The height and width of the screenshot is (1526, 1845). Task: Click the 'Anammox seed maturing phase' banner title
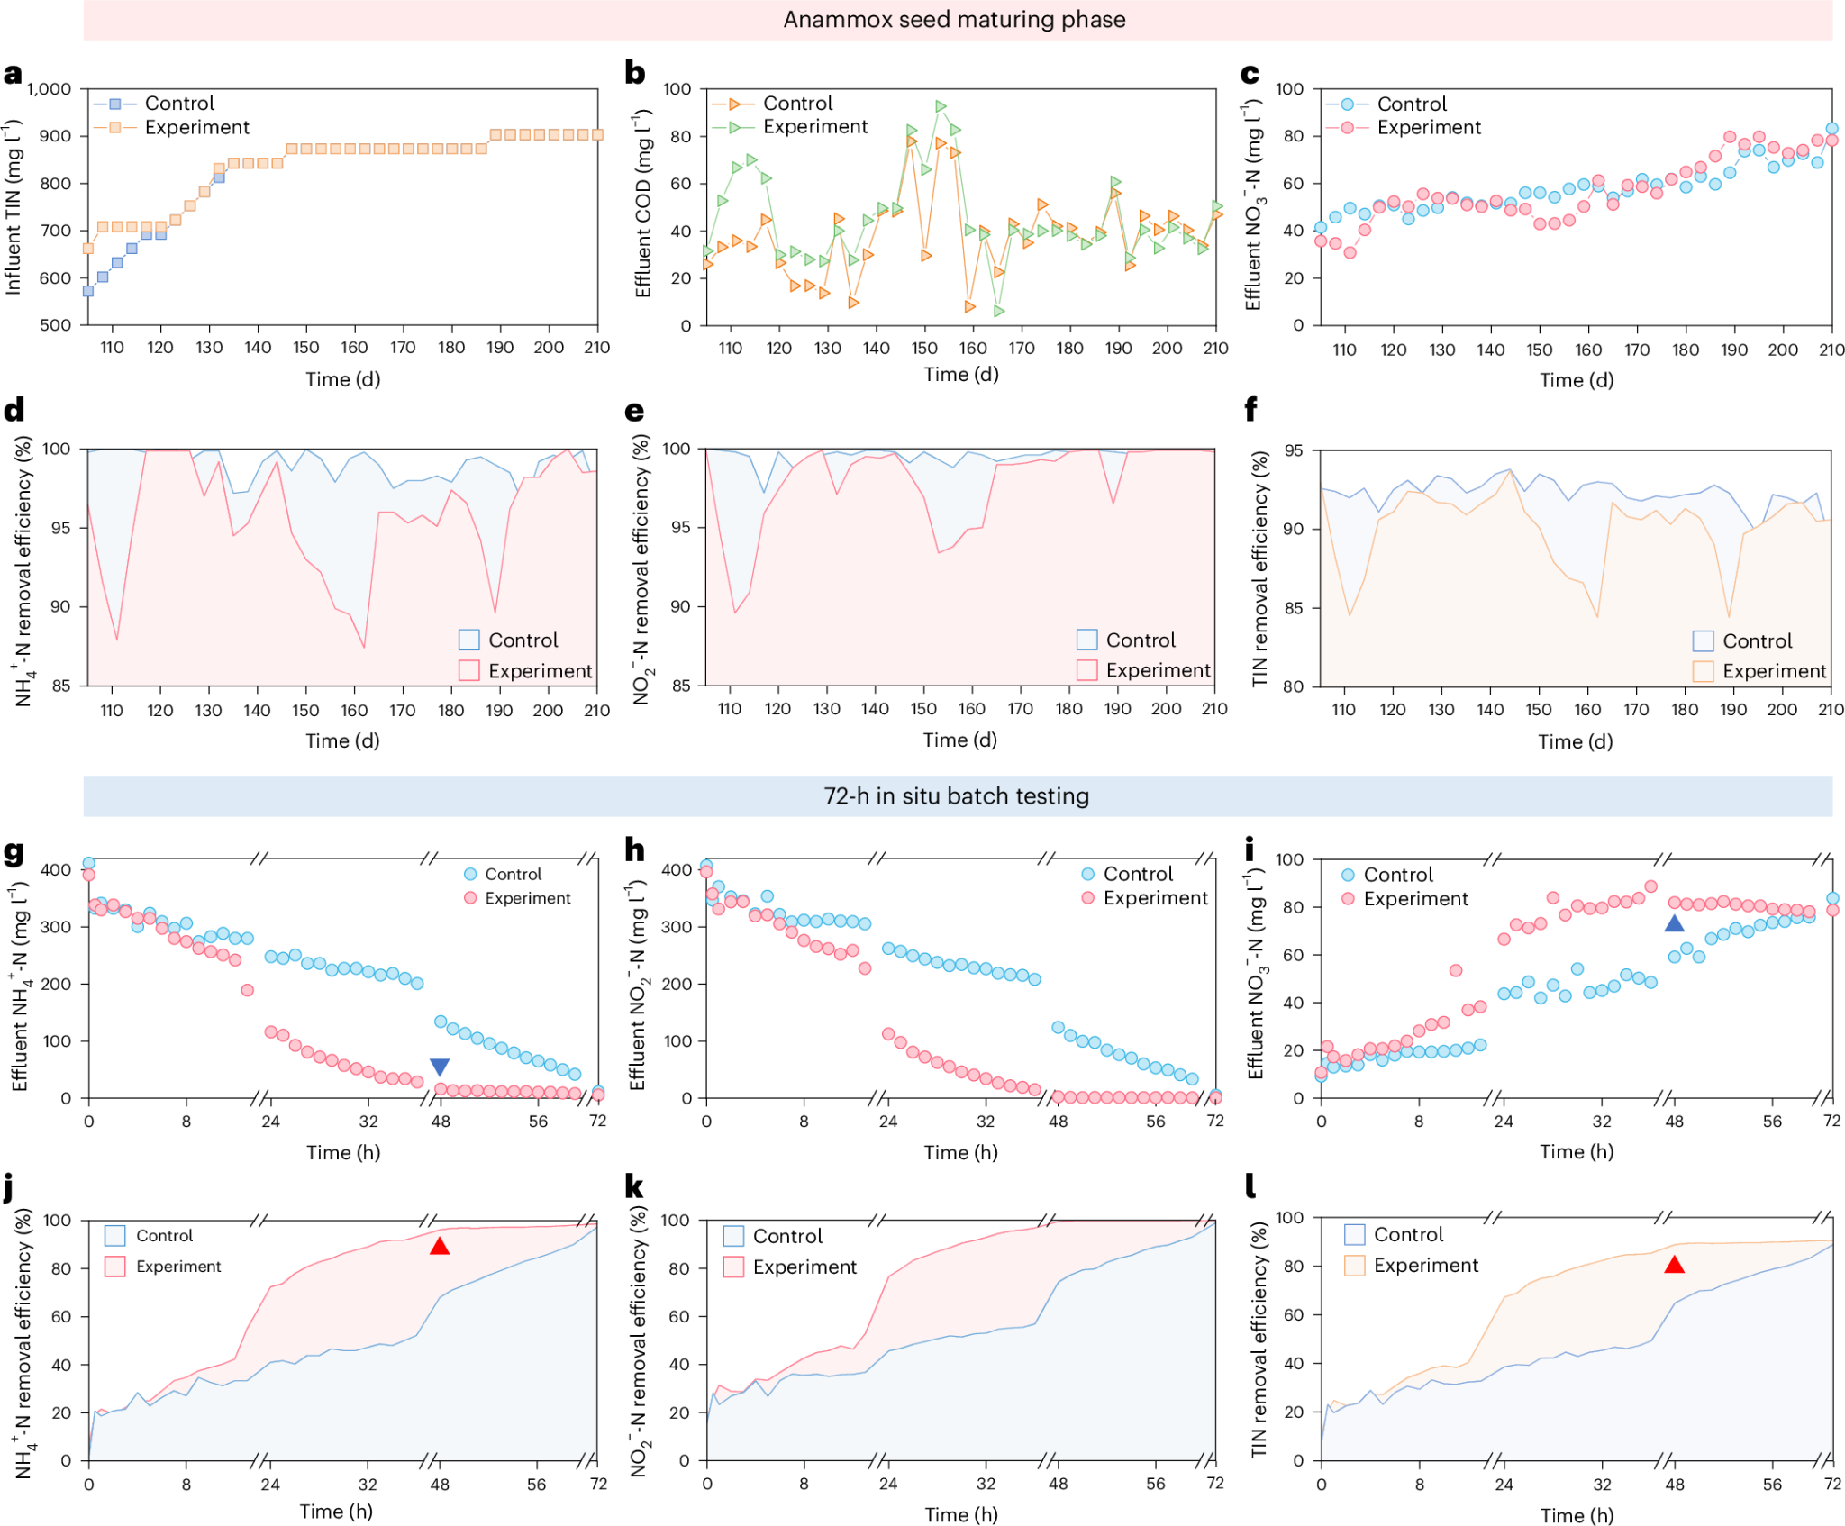pyautogui.click(x=954, y=20)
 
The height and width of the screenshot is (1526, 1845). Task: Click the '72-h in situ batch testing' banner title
pyautogui.click(x=956, y=796)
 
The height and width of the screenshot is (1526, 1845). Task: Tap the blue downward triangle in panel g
pyautogui.click(x=440, y=1067)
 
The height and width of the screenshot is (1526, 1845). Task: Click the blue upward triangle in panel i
pyautogui.click(x=1674, y=923)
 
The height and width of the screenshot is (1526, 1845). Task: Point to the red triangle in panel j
pyautogui.click(x=440, y=1247)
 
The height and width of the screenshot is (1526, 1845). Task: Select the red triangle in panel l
pyautogui.click(x=1674, y=1265)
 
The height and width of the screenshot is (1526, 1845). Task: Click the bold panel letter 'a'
pyautogui.click(x=13, y=74)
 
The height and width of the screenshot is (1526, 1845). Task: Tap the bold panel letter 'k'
pyautogui.click(x=634, y=1187)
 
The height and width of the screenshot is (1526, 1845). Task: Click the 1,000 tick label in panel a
pyautogui.click(x=50, y=89)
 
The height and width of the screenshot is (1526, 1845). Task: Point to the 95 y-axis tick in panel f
pyautogui.click(x=1293, y=450)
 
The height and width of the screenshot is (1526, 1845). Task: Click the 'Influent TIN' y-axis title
pyautogui.click(x=14, y=207)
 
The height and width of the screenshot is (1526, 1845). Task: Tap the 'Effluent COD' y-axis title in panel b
pyautogui.click(x=642, y=204)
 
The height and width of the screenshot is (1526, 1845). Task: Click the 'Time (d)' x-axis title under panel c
pyautogui.click(x=1577, y=380)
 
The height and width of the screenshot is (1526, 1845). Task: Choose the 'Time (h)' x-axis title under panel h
pyautogui.click(x=960, y=1152)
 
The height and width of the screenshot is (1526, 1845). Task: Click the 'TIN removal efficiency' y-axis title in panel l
pyautogui.click(x=1259, y=1340)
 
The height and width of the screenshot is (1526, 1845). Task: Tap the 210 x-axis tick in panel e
pyautogui.click(x=1214, y=709)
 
